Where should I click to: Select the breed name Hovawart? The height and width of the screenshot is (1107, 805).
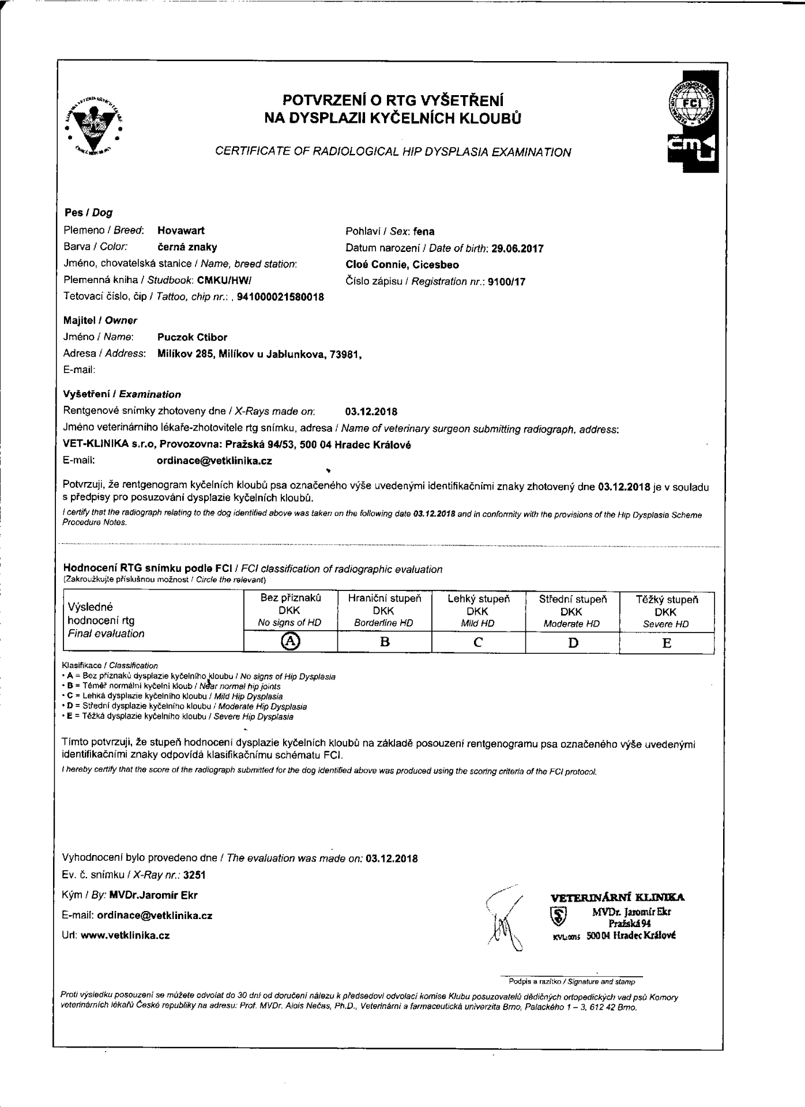[x=181, y=231]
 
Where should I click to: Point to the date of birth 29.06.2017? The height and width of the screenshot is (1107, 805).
[x=517, y=248]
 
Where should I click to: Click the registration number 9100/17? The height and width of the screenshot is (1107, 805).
[x=506, y=282]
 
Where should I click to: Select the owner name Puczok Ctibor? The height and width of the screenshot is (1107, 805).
[x=192, y=337]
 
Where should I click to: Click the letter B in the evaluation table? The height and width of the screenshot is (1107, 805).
[x=385, y=642]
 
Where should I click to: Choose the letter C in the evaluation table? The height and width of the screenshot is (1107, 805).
[x=478, y=642]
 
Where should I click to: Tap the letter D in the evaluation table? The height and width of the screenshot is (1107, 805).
[x=573, y=642]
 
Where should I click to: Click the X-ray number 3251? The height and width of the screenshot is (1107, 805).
[x=194, y=875]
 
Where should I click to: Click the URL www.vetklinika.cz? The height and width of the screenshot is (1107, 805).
[x=125, y=935]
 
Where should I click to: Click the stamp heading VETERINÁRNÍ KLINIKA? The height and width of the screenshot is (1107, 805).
[x=618, y=897]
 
